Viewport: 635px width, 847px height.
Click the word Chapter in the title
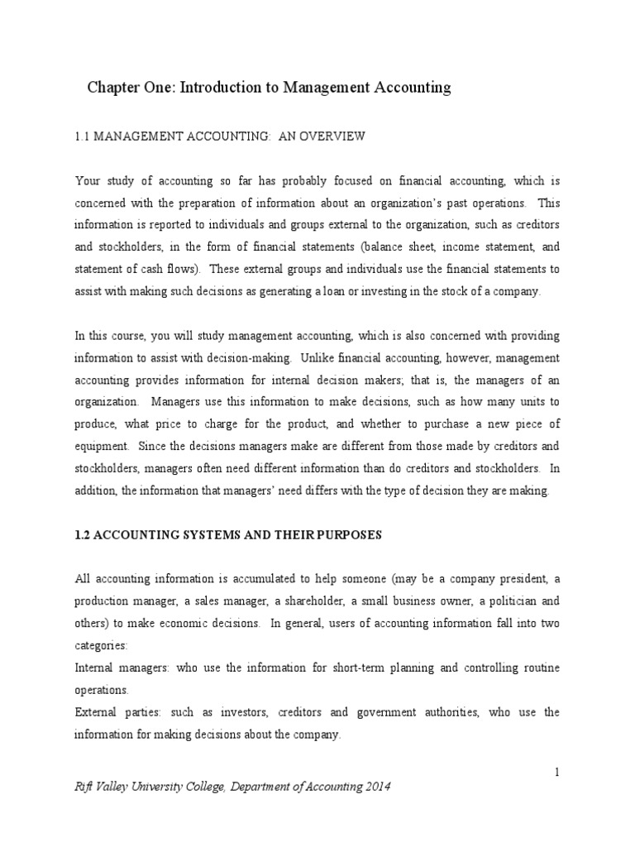coord(115,88)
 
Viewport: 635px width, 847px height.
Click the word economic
coord(179,623)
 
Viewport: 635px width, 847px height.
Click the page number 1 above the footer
coord(557,772)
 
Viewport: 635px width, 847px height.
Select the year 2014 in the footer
coord(373,787)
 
